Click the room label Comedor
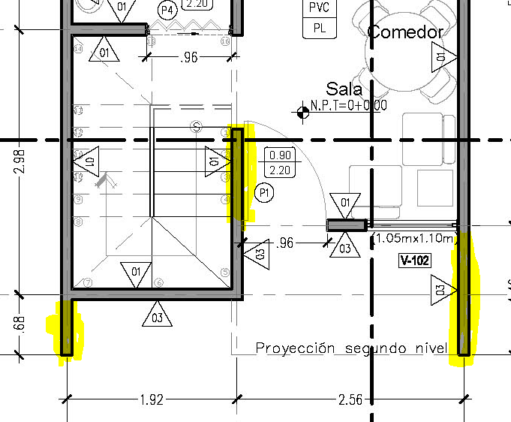click(405, 32)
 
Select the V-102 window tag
click(414, 261)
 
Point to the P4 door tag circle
click(167, 10)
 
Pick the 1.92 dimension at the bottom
click(152, 399)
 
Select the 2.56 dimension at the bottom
click(350, 399)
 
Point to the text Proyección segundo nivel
click(351, 348)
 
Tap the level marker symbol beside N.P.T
click(303, 113)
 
